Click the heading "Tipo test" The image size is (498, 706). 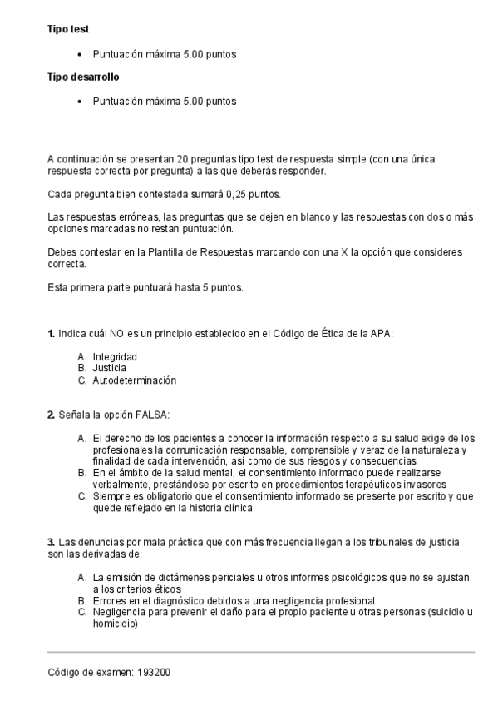point(68,29)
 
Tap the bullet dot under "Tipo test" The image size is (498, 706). point(79,55)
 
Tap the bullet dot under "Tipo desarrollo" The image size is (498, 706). point(79,102)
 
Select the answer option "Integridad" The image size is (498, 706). point(115,356)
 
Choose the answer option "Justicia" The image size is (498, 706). point(109,368)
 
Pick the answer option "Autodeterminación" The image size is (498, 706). point(135,380)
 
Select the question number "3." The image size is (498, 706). point(52,543)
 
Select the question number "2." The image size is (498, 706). point(52,414)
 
